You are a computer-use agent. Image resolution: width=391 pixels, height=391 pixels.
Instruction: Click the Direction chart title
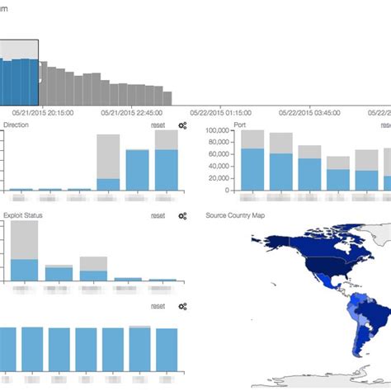16,125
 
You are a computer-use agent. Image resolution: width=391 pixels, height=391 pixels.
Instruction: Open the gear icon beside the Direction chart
183,125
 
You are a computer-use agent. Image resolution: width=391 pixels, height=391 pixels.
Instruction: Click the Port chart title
240,125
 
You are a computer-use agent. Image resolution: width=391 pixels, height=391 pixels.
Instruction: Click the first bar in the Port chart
253,170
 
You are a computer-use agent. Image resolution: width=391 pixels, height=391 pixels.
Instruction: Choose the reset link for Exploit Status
158,215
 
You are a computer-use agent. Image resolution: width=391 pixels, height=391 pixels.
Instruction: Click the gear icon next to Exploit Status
183,215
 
